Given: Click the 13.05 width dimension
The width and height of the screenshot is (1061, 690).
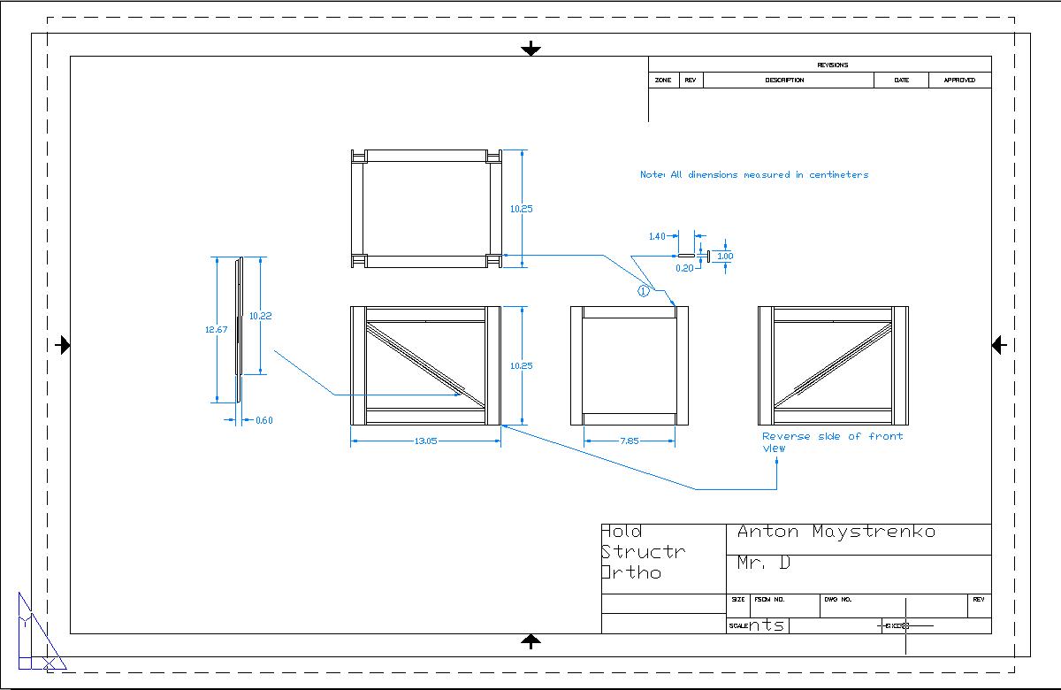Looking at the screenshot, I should coord(425,441).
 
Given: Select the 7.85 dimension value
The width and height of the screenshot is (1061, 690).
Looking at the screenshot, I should coord(630,441).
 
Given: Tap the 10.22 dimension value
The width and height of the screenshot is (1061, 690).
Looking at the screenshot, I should coord(260,316).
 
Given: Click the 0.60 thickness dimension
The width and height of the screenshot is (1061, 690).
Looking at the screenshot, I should coord(263,420).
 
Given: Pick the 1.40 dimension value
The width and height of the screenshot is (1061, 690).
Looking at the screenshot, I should coord(657,236).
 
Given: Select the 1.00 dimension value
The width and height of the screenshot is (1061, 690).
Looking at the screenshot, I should coord(725,256).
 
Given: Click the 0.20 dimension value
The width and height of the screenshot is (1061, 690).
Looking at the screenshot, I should coord(684,267).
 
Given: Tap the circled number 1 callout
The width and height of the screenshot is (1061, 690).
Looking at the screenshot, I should coord(644,289).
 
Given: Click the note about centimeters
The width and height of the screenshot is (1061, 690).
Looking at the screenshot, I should coord(754,174).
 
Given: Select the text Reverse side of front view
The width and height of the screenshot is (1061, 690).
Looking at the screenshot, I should coord(832,441).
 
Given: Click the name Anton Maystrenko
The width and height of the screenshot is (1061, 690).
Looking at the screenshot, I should coord(836,532).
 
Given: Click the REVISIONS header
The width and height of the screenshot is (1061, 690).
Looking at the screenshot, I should coord(832,65).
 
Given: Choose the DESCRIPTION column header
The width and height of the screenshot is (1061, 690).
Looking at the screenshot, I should coord(784,80).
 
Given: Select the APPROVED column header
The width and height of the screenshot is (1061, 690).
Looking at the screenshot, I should coord(959,80).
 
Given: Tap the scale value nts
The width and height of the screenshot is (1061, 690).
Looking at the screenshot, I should coord(767,625).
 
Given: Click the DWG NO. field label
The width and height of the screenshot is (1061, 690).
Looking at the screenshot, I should coord(837,599).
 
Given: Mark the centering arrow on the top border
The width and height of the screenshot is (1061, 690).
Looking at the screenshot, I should coord(530,49).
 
